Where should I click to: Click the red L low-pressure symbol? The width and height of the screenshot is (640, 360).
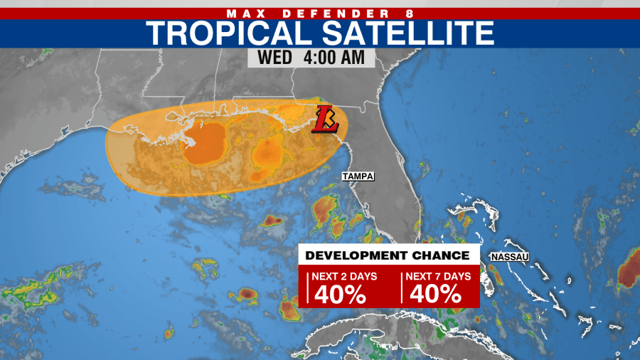(326, 119)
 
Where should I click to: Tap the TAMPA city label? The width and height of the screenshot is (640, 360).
(358, 176)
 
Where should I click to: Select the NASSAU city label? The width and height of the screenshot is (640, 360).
(510, 256)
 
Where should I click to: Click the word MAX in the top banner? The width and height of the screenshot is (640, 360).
(245, 13)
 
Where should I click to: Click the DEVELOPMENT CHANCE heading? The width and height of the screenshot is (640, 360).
(388, 255)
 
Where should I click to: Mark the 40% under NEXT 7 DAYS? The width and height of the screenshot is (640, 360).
(435, 293)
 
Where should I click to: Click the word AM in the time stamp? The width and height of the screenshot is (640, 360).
(362, 57)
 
